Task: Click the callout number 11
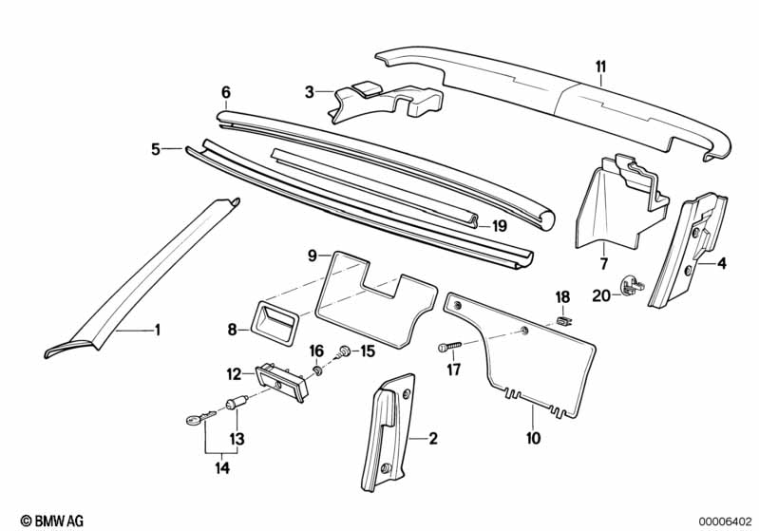[x=599, y=66]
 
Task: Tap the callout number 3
[x=310, y=92]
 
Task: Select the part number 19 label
[x=500, y=226]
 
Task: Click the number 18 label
[x=561, y=296]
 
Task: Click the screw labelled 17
[x=448, y=348]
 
